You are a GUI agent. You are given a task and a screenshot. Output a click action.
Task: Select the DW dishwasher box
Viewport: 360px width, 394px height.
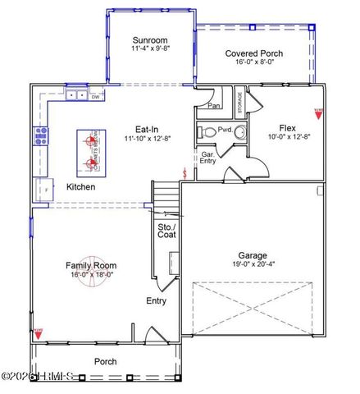tap(95, 96)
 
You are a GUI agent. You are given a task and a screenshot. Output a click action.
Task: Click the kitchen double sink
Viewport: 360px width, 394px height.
tap(76, 95)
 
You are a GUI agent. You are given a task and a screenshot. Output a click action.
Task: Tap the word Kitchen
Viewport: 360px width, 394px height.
tap(81, 187)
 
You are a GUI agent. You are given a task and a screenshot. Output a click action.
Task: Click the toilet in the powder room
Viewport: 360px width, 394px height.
tap(208, 131)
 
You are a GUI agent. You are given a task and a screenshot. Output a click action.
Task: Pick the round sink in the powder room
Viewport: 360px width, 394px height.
tap(240, 131)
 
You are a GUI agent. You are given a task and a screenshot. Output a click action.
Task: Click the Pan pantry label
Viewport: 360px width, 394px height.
tap(214, 106)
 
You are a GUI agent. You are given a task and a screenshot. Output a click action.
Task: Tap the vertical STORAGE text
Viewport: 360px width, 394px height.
tap(239, 103)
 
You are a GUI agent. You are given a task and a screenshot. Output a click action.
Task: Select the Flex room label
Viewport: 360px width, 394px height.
tap(287, 127)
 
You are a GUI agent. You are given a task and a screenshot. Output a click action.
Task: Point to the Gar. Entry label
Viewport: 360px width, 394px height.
tap(208, 158)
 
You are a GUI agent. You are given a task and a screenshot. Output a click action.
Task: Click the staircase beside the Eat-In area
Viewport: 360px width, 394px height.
tap(166, 198)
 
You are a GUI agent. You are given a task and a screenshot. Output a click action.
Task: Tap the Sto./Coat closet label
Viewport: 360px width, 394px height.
tap(166, 231)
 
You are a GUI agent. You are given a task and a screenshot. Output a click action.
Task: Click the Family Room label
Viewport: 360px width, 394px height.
tap(91, 265)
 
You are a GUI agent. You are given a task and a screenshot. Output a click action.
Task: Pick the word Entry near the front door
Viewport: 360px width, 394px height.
tap(156, 300)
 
